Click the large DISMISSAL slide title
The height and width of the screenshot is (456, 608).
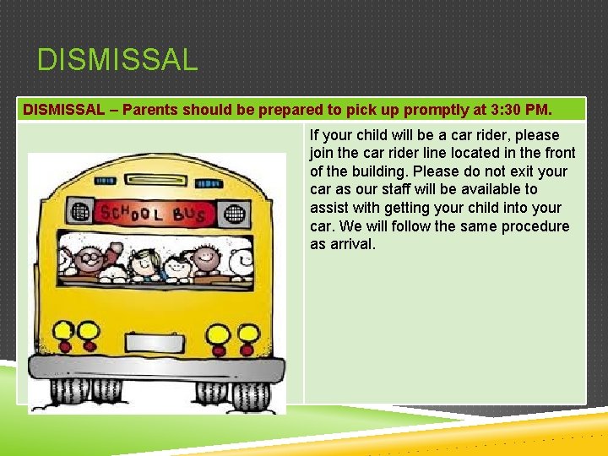pyautogui.click(x=117, y=60)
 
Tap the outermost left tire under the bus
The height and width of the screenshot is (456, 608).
pyautogui.click(x=68, y=391)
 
